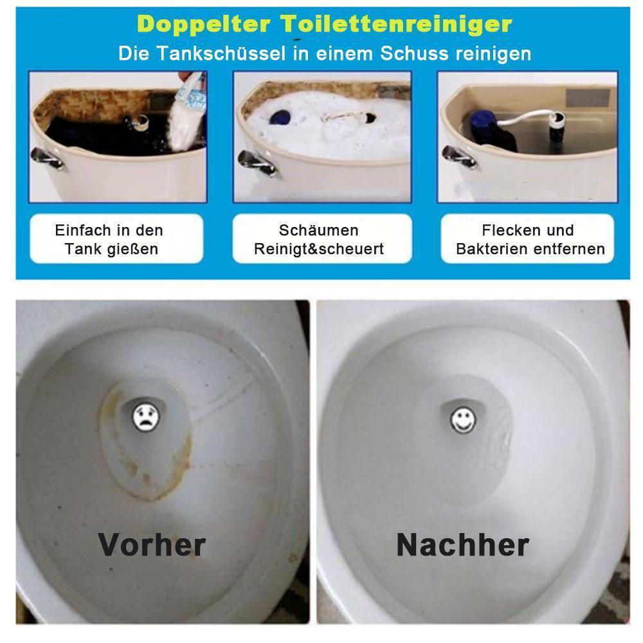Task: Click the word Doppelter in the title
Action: click(204, 24)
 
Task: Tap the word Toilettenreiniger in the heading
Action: click(397, 24)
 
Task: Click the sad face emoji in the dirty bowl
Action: click(145, 417)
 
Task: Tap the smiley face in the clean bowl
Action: click(463, 419)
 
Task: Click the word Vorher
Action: click(152, 545)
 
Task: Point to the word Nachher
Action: click(463, 545)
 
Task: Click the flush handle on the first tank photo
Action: click(47, 158)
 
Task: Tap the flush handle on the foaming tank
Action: click(257, 163)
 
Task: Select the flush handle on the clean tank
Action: click(459, 156)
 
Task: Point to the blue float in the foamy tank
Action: click(280, 117)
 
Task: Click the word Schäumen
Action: click(319, 230)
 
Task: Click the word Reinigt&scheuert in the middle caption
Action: click(319, 249)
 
